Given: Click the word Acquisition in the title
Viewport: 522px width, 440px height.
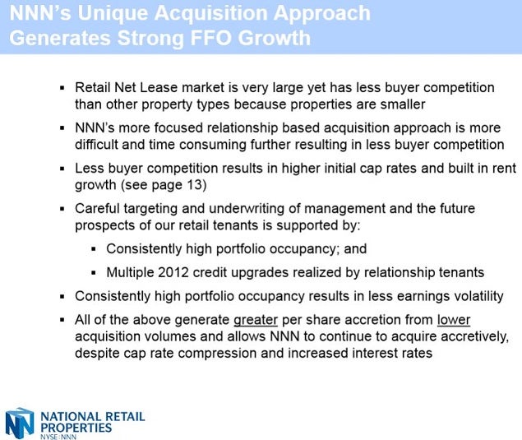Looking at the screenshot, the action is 211,14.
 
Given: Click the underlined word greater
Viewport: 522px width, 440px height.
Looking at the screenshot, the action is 256,321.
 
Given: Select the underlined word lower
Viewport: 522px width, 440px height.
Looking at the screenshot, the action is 454,320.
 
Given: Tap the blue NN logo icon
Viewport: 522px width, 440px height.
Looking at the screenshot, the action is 20,423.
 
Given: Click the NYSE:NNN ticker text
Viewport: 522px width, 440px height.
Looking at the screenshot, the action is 58,437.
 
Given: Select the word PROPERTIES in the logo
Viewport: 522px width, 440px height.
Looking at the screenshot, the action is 76,428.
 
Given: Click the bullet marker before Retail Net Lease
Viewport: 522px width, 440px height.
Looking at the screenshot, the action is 62,88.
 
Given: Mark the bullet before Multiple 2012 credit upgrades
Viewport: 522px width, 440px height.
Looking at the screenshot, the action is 94,273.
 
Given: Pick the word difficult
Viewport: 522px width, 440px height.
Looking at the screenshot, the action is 96,145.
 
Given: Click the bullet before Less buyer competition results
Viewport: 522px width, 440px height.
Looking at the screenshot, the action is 62,169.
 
